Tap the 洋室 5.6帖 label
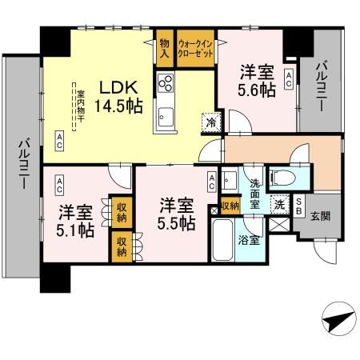257,80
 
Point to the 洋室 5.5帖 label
176,213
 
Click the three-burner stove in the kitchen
167,82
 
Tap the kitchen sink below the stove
166,113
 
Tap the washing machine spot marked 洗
278,202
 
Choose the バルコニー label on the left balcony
23,164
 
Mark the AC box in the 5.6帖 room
288,79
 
